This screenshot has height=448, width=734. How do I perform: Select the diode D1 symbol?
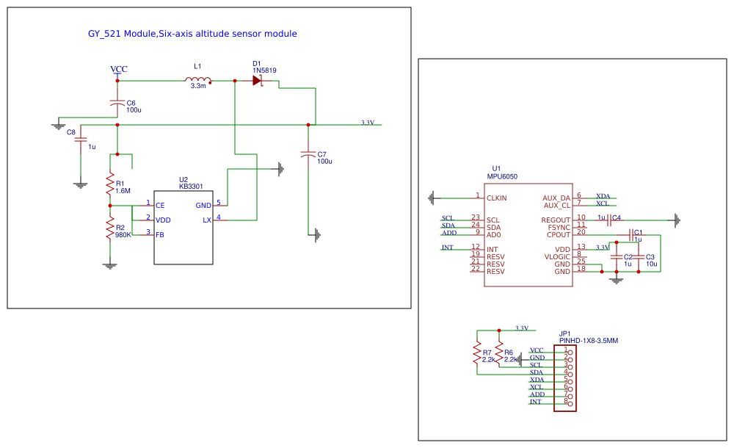pos(258,81)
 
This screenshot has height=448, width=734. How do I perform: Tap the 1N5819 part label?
pos(264,71)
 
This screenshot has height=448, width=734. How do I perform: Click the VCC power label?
pos(118,69)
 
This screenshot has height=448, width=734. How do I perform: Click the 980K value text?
pos(123,235)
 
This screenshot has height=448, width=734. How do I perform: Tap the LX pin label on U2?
pos(207,220)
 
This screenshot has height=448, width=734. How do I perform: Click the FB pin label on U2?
pos(159,234)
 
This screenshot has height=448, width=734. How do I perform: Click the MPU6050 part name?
pos(502,176)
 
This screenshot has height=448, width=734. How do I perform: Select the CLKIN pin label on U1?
pos(496,198)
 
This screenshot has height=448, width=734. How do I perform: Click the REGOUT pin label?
pos(556,220)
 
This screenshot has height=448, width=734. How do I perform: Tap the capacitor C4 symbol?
pos(609,219)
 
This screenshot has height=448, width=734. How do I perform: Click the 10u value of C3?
pos(651,263)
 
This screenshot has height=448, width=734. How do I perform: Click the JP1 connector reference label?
pos(564,333)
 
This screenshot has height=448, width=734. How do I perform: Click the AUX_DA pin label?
pos(556,198)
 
